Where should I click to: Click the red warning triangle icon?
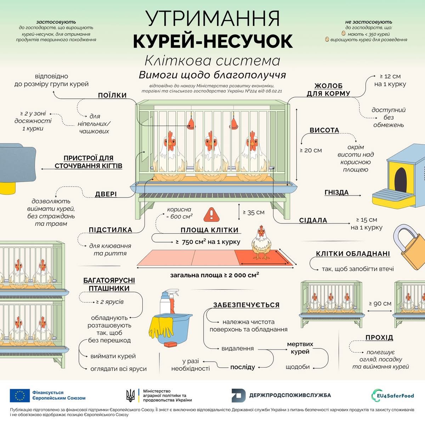pos(212,214)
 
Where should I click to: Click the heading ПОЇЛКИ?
pos(112,95)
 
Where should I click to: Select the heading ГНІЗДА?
pos(336,192)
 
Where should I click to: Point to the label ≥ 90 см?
pos(380,304)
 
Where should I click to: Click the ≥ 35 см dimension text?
pos(254,212)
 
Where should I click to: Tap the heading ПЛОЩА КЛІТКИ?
pos(209,230)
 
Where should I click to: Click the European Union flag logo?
pos(20,395)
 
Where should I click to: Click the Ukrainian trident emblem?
pos(131,395)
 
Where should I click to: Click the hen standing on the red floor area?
pos(262,243)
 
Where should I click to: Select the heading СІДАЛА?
pos(313,220)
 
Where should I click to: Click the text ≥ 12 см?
pos(390,76)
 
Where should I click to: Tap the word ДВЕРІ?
pos(106,194)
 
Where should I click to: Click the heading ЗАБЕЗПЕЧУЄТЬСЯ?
pos(246,305)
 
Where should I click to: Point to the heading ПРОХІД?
pos(379,338)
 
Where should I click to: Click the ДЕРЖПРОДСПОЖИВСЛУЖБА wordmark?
pos(290,395)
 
